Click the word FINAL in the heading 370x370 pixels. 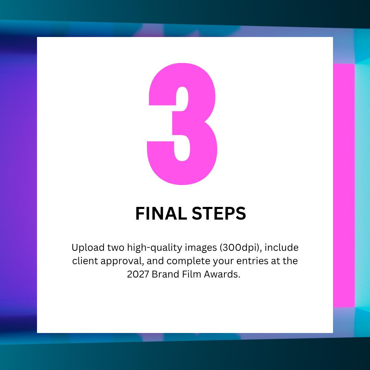(x=161, y=213)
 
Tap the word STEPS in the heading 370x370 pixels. (x=219, y=213)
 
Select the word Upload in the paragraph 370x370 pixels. (x=88, y=248)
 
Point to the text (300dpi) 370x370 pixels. (x=241, y=248)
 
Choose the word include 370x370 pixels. (x=282, y=248)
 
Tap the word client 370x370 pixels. (x=85, y=261)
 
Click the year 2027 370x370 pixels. (x=138, y=274)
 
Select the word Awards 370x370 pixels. (x=222, y=274)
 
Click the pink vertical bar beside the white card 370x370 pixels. (x=344, y=185)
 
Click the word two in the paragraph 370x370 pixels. (x=116, y=248)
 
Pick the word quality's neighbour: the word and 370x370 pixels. (x=155, y=261)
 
